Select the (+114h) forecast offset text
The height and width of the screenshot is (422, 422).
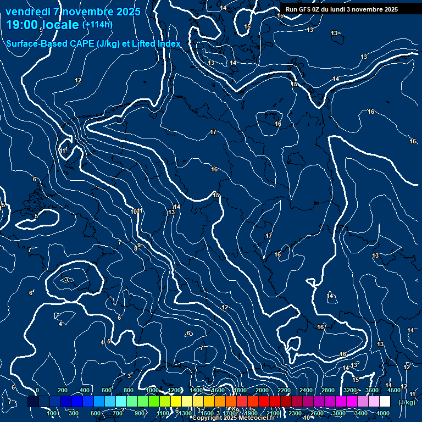(97, 25)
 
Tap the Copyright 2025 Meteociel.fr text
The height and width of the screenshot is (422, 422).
(233, 418)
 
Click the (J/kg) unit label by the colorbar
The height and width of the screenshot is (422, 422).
(407, 402)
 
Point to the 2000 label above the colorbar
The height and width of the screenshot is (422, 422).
(262, 390)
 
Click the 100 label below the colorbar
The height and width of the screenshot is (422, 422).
(52, 413)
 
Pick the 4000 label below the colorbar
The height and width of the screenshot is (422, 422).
(383, 413)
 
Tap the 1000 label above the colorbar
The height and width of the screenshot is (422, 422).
(152, 390)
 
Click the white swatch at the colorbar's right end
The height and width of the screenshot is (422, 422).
(385, 402)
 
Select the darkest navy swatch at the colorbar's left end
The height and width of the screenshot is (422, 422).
(33, 402)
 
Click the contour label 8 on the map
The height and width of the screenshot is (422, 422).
(136, 249)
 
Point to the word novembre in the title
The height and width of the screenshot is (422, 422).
(88, 12)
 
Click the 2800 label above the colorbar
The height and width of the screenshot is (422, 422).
(328, 390)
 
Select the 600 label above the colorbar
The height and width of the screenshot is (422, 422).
(107, 390)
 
